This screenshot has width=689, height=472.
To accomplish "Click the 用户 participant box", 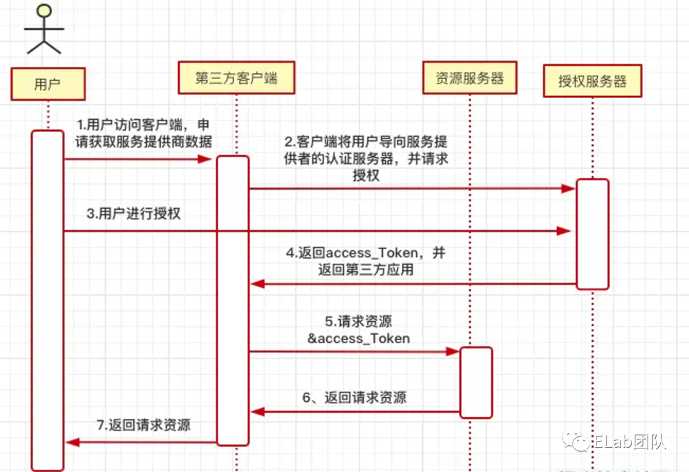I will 47,83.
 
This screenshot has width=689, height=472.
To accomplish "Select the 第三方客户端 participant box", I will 236,78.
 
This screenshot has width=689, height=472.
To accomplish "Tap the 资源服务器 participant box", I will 470,78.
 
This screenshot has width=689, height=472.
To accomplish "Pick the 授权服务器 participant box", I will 592,81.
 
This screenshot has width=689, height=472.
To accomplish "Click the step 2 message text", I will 366,158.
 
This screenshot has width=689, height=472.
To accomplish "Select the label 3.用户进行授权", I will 134,213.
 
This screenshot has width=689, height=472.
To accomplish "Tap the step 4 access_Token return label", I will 366,261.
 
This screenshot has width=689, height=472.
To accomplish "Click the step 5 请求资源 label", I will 359,329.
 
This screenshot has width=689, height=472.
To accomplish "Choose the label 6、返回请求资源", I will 355,398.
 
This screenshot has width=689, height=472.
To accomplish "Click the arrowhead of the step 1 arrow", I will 205,159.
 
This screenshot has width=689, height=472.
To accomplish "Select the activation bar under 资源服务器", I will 476,382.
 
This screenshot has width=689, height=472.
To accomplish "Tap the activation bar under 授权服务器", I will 593,234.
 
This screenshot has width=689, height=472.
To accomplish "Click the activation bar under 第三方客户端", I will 232,300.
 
